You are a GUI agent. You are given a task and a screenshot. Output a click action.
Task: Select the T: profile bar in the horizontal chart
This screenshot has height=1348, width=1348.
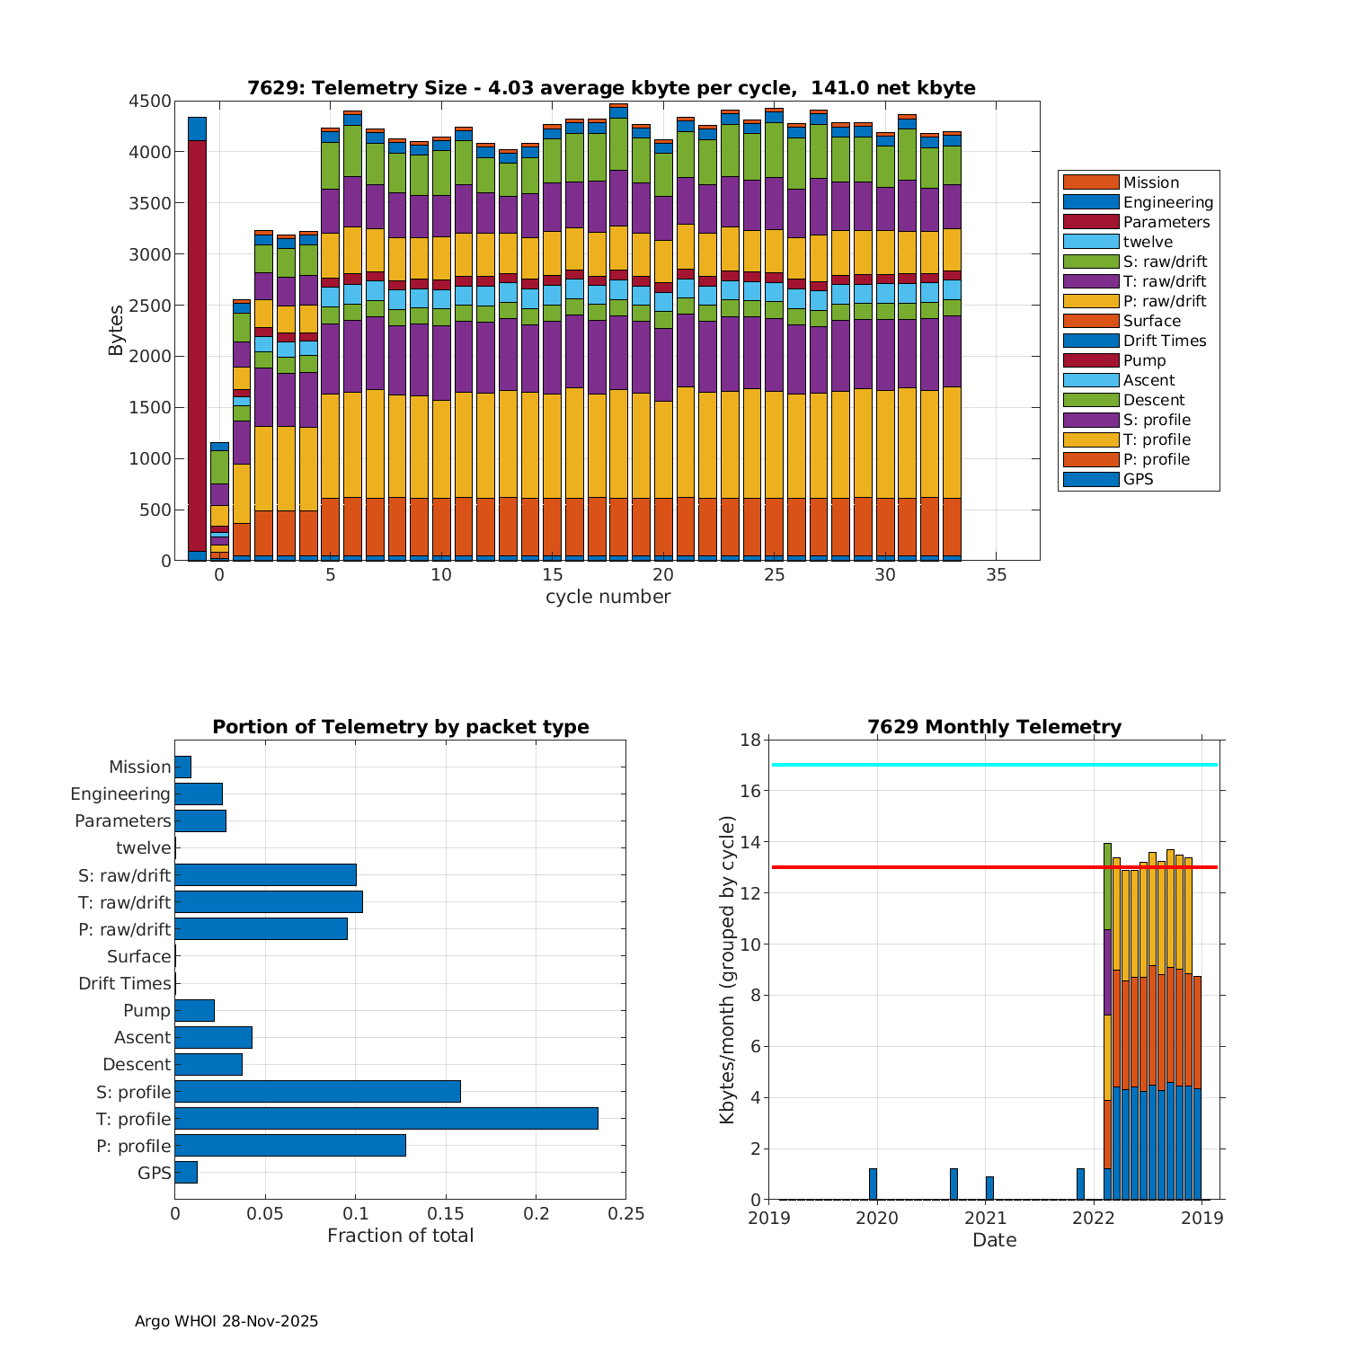tap(386, 1119)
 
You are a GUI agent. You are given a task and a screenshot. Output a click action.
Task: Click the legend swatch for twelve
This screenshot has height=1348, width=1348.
tap(1091, 242)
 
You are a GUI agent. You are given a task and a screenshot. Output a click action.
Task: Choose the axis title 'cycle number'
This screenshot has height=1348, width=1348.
tap(607, 597)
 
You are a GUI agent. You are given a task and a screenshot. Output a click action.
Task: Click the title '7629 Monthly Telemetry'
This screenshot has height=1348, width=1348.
tap(994, 727)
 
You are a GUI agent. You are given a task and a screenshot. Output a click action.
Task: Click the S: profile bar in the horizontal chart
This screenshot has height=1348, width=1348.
tap(317, 1092)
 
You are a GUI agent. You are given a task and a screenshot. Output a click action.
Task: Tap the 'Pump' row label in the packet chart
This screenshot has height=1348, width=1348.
tap(146, 1011)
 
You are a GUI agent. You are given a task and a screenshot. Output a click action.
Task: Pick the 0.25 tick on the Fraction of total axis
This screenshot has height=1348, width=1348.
tap(626, 1214)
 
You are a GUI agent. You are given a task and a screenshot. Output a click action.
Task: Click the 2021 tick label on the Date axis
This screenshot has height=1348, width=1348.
tap(986, 1219)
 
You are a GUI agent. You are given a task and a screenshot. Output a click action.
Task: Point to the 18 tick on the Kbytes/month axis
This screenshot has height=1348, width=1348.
tap(749, 741)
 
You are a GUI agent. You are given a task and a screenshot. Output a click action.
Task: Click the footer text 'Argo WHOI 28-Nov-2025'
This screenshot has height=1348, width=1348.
tap(226, 1321)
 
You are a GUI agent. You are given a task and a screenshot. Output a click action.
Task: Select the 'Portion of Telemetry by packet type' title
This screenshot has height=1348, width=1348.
tap(401, 727)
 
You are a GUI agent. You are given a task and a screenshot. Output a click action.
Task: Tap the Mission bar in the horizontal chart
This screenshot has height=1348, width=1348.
tap(182, 767)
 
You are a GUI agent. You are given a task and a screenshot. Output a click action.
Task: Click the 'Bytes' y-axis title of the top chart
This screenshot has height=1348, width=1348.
tap(116, 331)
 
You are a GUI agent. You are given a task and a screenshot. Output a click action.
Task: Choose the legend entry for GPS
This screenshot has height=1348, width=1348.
tap(1138, 479)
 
